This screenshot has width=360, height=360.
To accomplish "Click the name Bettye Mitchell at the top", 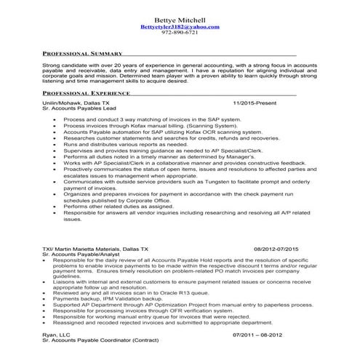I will coord(180,18).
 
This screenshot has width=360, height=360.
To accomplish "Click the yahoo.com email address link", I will coord(180,26).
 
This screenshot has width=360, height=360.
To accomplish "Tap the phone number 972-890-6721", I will coord(180,33).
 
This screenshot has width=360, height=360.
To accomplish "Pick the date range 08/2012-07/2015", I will coord(282,249).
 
